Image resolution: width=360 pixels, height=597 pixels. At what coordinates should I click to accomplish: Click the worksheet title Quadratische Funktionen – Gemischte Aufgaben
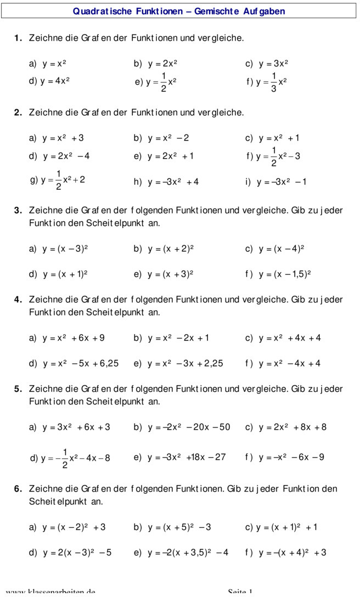click(179, 12)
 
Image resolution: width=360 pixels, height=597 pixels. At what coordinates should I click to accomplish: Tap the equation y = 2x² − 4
click(66, 156)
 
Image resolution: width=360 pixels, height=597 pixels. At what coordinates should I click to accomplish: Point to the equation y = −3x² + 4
click(173, 182)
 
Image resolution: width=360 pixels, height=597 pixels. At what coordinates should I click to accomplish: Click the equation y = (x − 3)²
click(65, 249)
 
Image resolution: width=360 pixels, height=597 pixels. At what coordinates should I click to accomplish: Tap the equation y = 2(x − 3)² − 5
click(77, 553)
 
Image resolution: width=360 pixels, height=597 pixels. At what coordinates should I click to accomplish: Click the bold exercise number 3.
click(18, 210)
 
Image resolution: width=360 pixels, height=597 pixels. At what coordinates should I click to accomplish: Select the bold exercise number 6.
click(18, 489)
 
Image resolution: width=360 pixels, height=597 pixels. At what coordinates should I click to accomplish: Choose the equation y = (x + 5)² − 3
click(179, 527)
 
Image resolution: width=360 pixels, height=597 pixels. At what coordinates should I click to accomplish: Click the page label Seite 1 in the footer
click(240, 593)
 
